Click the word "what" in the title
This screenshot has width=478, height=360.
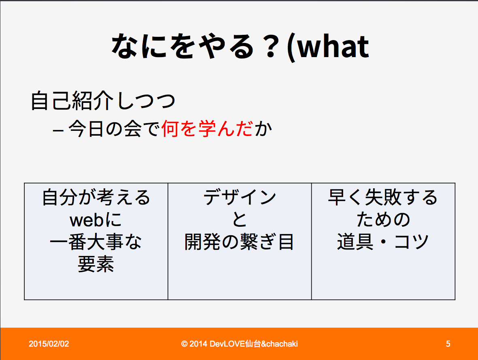[x=333, y=46]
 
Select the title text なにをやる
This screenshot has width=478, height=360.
[x=183, y=46]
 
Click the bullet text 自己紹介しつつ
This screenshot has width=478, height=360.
[x=103, y=101]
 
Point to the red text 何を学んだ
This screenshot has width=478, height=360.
[x=207, y=128]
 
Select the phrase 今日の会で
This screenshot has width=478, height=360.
[x=114, y=128]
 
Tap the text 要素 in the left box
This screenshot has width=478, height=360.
[x=96, y=264]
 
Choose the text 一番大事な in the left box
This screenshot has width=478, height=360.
[x=96, y=242]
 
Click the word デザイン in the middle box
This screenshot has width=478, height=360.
[x=240, y=197]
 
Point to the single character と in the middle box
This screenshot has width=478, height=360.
[x=240, y=219]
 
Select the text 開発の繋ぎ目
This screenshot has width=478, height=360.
[x=239, y=242]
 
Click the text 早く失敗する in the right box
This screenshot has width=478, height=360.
[x=383, y=197]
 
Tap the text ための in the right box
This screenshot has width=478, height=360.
[x=383, y=219]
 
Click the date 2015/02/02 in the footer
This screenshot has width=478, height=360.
[x=49, y=344]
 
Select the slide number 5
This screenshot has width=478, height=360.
[x=448, y=344]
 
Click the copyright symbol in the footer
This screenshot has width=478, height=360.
[x=184, y=344]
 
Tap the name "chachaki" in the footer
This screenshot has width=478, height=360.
[x=282, y=344]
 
